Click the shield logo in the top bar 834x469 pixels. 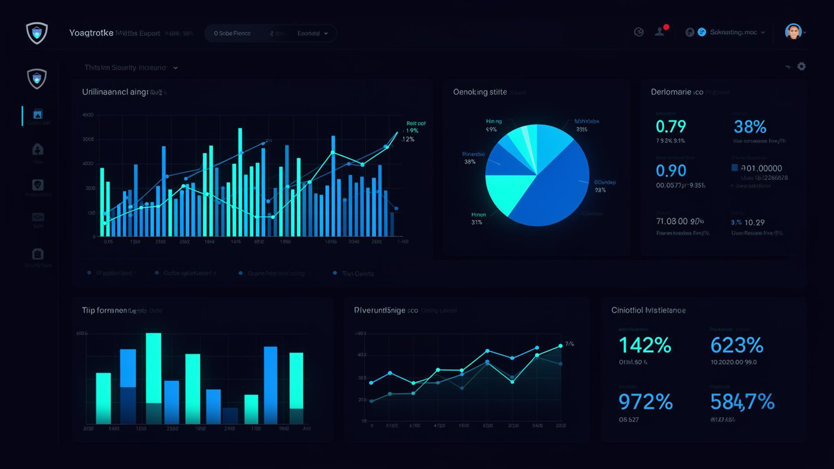pos(37,33)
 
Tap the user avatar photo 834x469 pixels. pos(793,32)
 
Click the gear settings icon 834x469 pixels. pos(801,66)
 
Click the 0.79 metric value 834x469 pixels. pos(671,127)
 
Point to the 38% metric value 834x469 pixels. pos(750,127)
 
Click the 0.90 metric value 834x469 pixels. pos(671,171)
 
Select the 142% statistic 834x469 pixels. pos(645,346)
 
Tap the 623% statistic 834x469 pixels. pos(737,346)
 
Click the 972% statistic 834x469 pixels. pos(645,402)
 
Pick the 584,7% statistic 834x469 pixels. pos(742,402)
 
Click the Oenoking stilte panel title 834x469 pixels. pos(480,92)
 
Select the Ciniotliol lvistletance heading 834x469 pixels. pos(648,310)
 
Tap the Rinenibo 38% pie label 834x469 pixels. pos(473,158)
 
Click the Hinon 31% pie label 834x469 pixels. pos(478,218)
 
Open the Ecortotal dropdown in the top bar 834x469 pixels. pos(312,33)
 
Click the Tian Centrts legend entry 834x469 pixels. pos(357,274)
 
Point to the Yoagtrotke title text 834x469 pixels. pos(91,33)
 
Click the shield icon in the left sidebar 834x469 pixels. pos(37,79)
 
